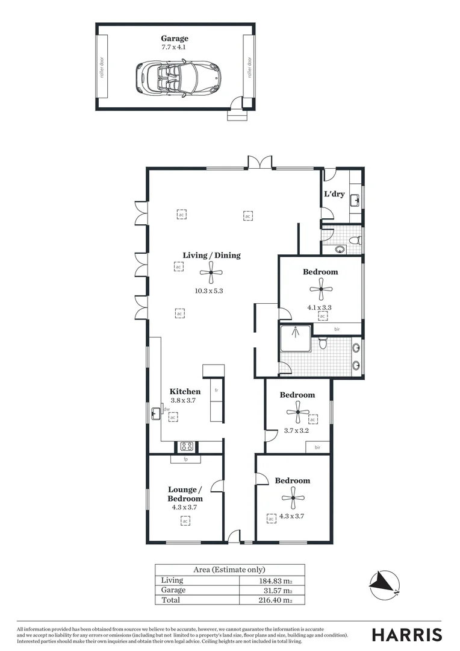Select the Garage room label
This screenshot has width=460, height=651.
(x=175, y=39)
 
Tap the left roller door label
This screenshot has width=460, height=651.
(x=102, y=67)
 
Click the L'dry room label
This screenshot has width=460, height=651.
(x=334, y=194)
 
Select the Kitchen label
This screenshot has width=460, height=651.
(x=185, y=391)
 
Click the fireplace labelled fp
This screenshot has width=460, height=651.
(x=185, y=459)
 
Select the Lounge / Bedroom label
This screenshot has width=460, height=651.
(x=185, y=494)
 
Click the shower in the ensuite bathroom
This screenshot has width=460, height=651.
(x=296, y=339)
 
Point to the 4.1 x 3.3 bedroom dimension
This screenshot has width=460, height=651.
(x=320, y=307)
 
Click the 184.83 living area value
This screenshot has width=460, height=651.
(x=274, y=580)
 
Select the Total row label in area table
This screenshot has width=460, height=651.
(x=170, y=600)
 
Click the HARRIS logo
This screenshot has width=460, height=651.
(x=407, y=634)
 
